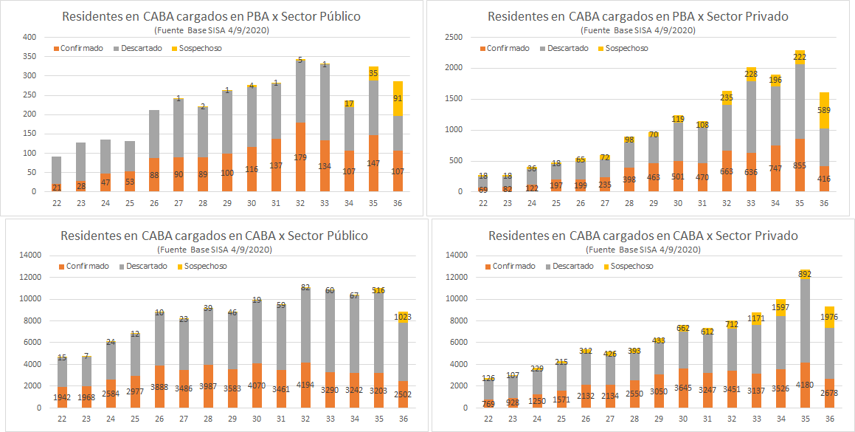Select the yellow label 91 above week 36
point(398,99)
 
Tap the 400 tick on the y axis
point(29,37)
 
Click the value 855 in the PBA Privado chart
point(800,165)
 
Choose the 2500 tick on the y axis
point(453,37)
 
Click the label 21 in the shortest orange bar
point(55,188)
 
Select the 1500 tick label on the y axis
point(453,99)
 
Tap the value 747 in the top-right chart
point(775,169)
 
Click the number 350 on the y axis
point(29,56)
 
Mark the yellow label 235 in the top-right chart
point(727,97)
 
